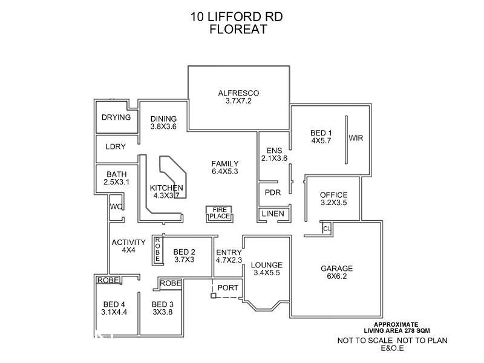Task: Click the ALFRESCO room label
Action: [238, 93]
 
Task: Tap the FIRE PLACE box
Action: [218, 213]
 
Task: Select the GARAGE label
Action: [337, 269]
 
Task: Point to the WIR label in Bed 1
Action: [356, 138]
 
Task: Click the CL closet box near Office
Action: [327, 229]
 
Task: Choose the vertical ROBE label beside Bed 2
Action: [157, 249]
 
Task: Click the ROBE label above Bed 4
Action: [108, 280]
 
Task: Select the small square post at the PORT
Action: [213, 296]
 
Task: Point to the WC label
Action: [116, 206]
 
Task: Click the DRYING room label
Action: [116, 117]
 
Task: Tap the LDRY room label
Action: [116, 146]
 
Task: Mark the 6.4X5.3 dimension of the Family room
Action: [224, 171]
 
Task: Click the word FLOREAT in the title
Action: [238, 30]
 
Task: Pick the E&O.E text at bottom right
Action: [392, 349]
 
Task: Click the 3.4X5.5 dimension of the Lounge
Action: [267, 273]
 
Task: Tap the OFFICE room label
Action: [333, 195]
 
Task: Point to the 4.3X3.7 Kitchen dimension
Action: [166, 195]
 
